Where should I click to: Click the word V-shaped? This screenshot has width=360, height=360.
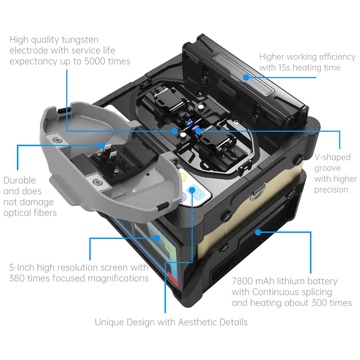tap(332, 158)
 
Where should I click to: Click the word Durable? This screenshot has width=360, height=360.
tap(20, 180)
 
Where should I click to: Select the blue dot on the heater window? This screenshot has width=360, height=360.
tap(246, 77)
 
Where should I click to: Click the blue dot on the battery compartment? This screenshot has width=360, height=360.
tap(258, 232)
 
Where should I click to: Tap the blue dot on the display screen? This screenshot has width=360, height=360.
tap(157, 238)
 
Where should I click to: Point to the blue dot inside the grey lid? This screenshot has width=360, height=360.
tap(102, 145)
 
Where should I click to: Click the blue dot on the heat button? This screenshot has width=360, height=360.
tap(192, 190)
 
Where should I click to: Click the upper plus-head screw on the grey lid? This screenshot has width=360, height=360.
tap(57, 140)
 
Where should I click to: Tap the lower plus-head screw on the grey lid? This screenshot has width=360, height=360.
tap(98, 182)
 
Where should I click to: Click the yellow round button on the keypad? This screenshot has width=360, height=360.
tap(183, 177)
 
